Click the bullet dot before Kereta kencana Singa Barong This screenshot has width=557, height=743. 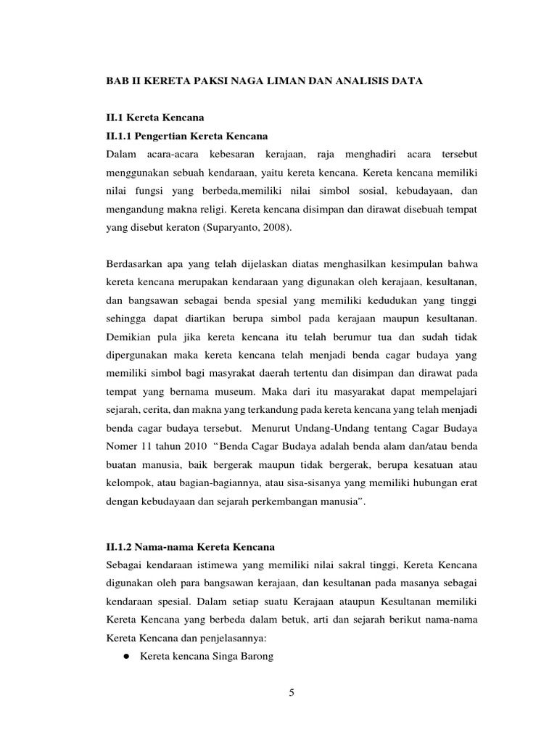click(125, 656)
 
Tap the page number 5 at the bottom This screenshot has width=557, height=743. click(292, 692)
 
